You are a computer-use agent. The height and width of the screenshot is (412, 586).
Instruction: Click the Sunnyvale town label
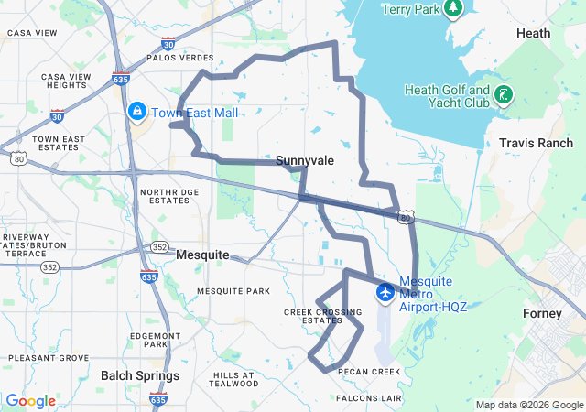point(304,160)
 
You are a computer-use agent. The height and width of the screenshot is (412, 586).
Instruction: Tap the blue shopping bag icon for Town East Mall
point(136,112)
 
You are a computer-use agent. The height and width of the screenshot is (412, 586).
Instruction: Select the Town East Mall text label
point(194,113)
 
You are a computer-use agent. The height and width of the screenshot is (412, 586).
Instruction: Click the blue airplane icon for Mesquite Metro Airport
point(385,292)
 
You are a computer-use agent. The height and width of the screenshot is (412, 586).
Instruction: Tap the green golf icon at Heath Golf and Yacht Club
point(503,94)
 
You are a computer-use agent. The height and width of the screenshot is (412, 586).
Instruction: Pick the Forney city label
point(542,313)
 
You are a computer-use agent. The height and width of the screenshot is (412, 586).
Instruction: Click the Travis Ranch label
point(536,144)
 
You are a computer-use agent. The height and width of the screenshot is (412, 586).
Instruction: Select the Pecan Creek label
point(369,372)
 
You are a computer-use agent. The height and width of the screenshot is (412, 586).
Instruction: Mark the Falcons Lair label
point(369,398)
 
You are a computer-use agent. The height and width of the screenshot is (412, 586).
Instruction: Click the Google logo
point(30,401)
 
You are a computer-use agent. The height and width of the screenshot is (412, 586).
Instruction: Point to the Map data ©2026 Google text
point(528,405)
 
